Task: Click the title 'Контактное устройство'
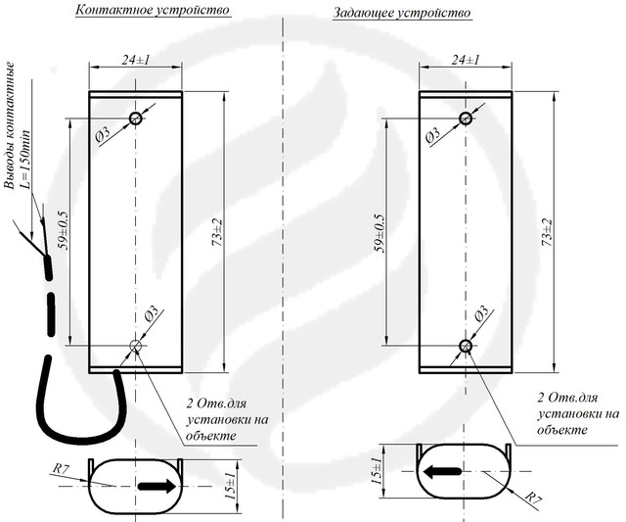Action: (x=153, y=10)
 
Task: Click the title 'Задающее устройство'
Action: (x=402, y=13)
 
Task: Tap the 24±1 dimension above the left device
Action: (x=136, y=60)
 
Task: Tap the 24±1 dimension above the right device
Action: (x=466, y=60)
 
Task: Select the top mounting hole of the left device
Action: (x=136, y=119)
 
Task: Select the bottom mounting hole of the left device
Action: (x=136, y=346)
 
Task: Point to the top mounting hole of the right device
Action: (x=466, y=119)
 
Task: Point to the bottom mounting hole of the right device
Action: (x=466, y=346)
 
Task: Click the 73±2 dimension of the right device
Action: (x=548, y=232)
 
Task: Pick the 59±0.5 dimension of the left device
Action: (x=63, y=230)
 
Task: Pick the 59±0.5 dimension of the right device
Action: (x=379, y=233)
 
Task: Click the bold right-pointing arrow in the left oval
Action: (x=156, y=486)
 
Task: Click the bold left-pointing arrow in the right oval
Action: (x=442, y=472)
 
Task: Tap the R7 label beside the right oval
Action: (x=533, y=498)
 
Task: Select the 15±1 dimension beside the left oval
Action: (x=231, y=485)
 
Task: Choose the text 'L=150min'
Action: (x=25, y=159)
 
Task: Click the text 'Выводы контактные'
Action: (x=9, y=124)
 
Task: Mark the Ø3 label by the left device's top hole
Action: (x=104, y=135)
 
